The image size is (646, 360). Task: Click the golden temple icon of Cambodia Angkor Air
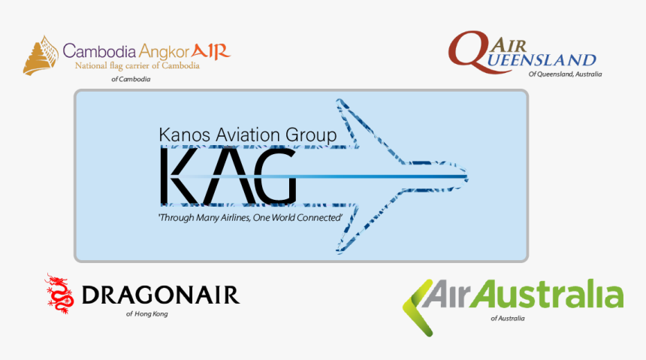coord(41,56)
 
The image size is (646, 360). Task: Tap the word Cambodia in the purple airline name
coord(99,52)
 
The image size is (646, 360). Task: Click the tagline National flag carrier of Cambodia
coord(137,66)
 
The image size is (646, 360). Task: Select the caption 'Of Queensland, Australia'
coord(565,74)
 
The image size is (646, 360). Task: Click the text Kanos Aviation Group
coord(248,135)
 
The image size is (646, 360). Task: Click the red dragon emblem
coord(59,294)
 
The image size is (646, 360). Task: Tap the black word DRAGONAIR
coord(160,295)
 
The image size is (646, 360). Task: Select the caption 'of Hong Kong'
coord(147,313)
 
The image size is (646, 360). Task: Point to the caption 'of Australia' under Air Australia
coord(508,319)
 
